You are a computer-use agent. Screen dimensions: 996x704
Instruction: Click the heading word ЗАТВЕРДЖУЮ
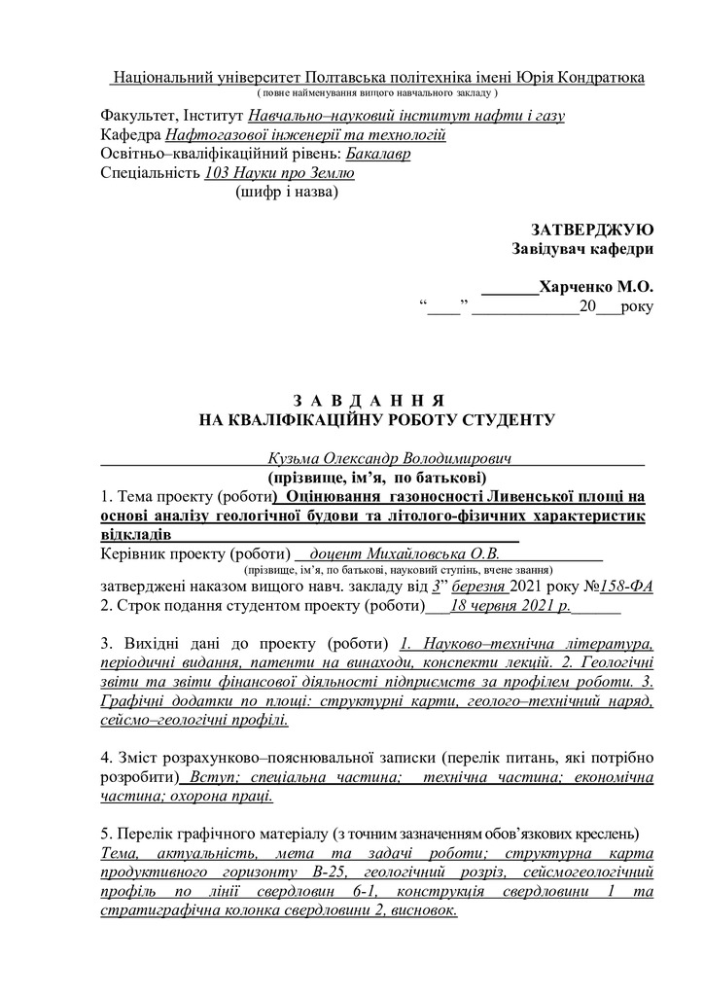[x=592, y=230]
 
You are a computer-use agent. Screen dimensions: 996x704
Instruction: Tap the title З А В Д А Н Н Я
[x=369, y=401]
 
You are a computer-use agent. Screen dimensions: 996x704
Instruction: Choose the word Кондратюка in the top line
[x=599, y=77]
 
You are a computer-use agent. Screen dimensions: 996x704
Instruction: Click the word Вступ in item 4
[x=210, y=778]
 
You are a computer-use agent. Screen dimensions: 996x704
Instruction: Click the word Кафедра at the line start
[x=130, y=135]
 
